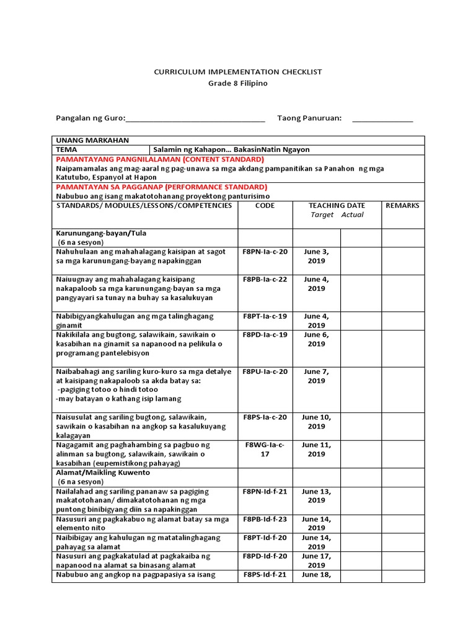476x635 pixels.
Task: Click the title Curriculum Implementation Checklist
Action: (238, 73)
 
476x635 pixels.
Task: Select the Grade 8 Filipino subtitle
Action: (238, 83)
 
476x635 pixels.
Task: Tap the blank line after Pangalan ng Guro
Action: (195, 120)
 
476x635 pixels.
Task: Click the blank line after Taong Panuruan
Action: (382, 120)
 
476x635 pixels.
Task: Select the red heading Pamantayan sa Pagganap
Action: (161, 187)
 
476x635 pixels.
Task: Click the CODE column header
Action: (265, 205)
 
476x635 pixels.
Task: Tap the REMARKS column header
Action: (402, 205)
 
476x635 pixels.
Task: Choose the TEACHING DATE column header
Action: (337, 205)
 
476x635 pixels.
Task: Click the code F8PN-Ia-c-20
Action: (265, 252)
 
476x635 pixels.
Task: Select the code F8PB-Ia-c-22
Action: (265, 279)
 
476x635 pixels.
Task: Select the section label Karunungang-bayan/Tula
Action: (100, 233)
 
